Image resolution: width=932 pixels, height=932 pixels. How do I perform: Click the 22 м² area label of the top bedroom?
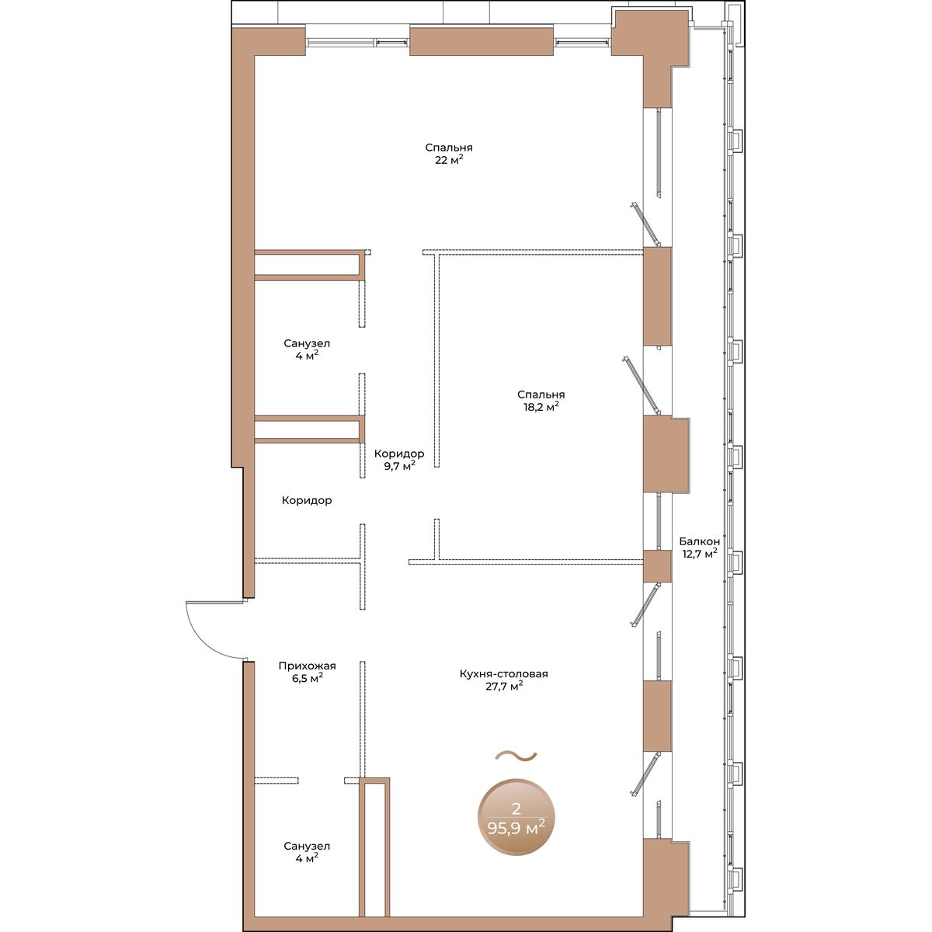pos(449,160)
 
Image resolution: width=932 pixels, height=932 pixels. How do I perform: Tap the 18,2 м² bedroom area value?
pos(541,407)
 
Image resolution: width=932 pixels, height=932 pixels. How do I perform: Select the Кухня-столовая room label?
pos(504,673)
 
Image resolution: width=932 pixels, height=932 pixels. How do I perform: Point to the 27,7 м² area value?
pos(504,687)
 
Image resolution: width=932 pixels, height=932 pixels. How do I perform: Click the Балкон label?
pos(699,541)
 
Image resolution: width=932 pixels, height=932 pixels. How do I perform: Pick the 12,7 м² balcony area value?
pos(699,554)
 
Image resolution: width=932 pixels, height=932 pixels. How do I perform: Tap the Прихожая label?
pos(307,666)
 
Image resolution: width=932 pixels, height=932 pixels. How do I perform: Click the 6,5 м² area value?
pos(307,679)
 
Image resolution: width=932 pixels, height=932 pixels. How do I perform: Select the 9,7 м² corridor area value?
pos(399,466)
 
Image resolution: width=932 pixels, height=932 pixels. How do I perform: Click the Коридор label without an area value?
pos(307,501)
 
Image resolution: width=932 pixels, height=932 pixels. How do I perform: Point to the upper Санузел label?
pos(307,343)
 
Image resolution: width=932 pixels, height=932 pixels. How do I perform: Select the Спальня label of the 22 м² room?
pos(449,147)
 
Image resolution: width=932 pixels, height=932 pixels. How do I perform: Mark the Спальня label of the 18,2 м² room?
pos(541,395)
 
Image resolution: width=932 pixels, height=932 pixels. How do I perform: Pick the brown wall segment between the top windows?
pos(482,41)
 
